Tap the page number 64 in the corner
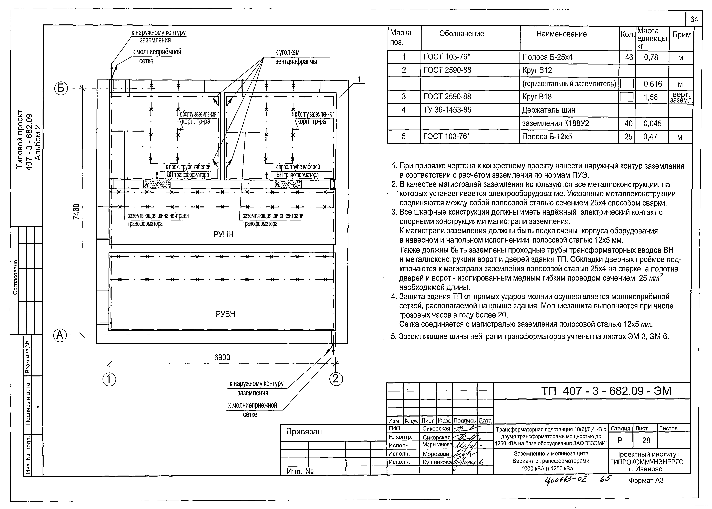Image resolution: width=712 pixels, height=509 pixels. (x=694, y=19)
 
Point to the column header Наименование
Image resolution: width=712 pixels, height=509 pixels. (x=561, y=34)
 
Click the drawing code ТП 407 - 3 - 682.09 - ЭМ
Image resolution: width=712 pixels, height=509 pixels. (x=606, y=391)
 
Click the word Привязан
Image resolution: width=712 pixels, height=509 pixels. (x=304, y=432)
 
